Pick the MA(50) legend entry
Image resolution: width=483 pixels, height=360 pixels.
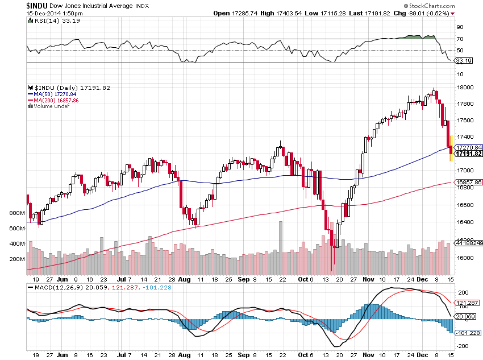[x=53, y=94]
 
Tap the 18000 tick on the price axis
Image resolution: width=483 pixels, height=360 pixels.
[x=467, y=87]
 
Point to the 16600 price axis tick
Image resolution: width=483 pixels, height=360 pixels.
[x=467, y=205]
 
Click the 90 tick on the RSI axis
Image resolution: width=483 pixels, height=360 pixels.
[x=460, y=27]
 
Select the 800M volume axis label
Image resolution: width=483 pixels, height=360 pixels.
[x=17, y=213]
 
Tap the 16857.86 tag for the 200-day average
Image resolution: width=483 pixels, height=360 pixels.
[x=469, y=182]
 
